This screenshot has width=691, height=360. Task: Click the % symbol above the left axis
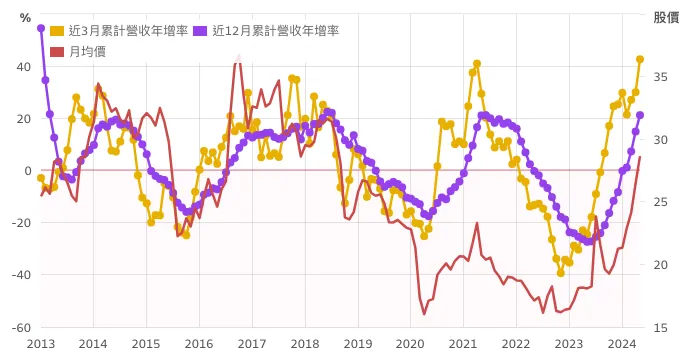tap(25, 18)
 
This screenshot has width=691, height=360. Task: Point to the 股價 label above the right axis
tap(667, 17)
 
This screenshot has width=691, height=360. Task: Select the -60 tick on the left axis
tap(21, 327)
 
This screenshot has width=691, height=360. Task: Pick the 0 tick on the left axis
tap(28, 171)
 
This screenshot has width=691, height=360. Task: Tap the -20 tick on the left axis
tap(21, 223)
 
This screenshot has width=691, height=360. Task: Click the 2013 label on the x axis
tap(41, 344)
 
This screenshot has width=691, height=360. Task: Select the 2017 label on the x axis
tap(251, 344)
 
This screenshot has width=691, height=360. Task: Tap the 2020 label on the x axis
tap(410, 344)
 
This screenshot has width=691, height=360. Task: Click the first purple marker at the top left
tap(41, 28)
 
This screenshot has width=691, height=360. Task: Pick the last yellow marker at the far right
tap(640, 60)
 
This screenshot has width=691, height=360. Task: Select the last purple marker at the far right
tap(640, 115)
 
